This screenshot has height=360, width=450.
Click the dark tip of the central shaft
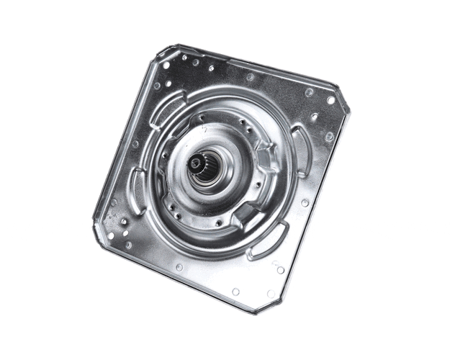tap(194, 164)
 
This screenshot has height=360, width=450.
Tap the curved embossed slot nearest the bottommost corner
tap(267, 241)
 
